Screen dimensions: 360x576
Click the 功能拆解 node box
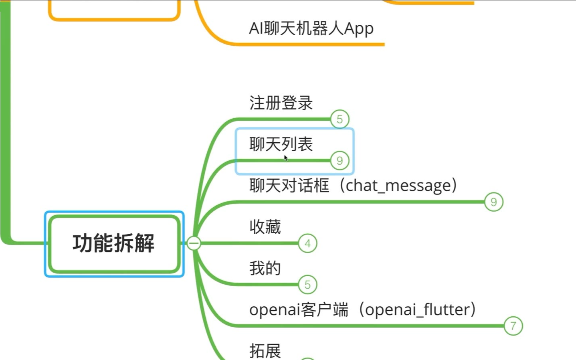point(114,243)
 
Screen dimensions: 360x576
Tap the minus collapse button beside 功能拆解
point(194,243)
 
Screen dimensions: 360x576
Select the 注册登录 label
point(281,103)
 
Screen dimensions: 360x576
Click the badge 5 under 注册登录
point(340,119)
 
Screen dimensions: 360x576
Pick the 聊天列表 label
point(281,144)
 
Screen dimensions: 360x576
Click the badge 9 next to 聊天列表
point(340,161)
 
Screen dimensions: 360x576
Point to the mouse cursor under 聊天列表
point(285,158)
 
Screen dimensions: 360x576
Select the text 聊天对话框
point(289,186)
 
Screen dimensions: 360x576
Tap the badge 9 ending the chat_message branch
point(493,202)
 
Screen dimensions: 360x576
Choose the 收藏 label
point(265,227)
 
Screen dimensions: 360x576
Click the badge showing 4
point(307,243)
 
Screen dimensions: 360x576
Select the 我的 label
point(265,268)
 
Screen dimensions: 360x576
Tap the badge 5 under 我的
point(307,285)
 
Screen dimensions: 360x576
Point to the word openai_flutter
point(416,309)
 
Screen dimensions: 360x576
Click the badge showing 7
point(513,326)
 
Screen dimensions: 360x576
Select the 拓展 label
point(265,351)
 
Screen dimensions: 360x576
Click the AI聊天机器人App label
point(311,28)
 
